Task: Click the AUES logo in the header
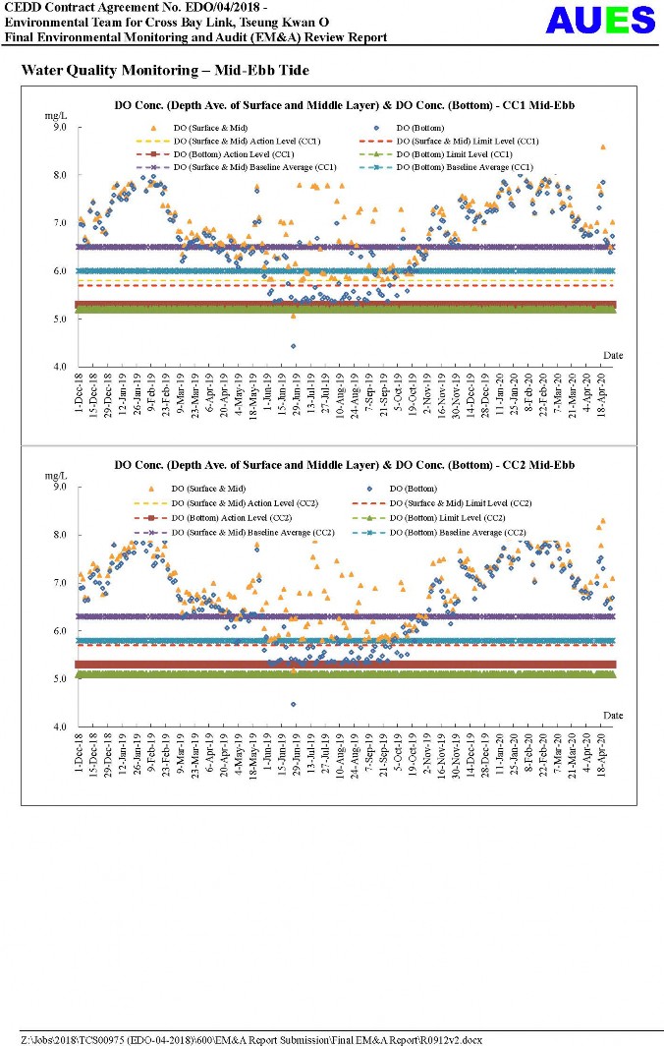[x=600, y=21]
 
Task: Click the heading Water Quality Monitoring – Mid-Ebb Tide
[x=165, y=71]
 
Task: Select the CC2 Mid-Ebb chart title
[x=344, y=464]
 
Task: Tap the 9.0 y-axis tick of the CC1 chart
[x=59, y=128]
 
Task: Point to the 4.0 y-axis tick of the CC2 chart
[x=59, y=727]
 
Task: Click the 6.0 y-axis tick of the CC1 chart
[x=59, y=271]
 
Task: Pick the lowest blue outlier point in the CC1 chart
[x=293, y=346]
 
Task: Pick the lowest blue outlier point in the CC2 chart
[x=293, y=704]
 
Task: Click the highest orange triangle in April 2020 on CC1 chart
[x=602, y=147]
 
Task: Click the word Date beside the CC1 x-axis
[x=613, y=355]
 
